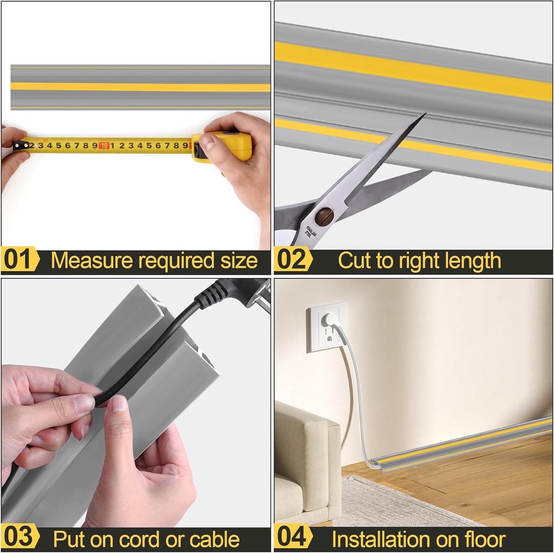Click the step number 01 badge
tap(19, 260)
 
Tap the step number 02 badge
tap(292, 260)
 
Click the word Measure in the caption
tap(92, 261)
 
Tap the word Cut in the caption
tap(355, 261)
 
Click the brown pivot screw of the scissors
tap(323, 214)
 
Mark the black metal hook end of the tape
tap(17, 146)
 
